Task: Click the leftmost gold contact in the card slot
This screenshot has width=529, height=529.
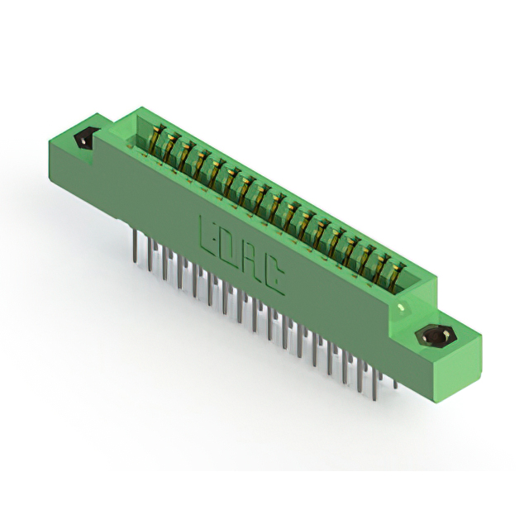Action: [x=155, y=138]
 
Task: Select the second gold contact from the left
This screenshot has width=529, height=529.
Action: [x=169, y=146]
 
